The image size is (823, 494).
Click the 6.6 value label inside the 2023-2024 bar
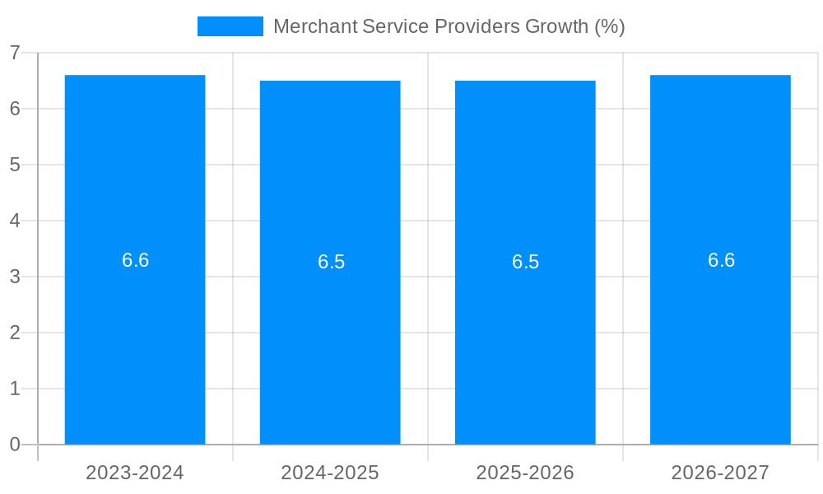click(x=135, y=260)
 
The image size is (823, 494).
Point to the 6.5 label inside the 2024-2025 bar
click(x=331, y=262)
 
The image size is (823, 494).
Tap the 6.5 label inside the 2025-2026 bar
click(x=525, y=262)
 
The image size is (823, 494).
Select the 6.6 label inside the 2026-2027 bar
click(x=721, y=260)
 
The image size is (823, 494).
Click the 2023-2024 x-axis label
click(x=135, y=473)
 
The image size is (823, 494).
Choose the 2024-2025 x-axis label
click(x=330, y=473)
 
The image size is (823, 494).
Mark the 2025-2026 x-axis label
click(x=525, y=473)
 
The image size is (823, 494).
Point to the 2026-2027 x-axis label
click(x=720, y=473)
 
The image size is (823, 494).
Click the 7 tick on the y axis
click(x=15, y=53)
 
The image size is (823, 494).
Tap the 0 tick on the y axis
click(x=15, y=445)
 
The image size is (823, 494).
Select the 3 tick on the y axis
click(x=15, y=277)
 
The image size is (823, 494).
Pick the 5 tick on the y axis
click(x=15, y=165)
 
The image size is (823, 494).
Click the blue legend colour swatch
click(x=230, y=26)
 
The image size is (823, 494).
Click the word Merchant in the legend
click(x=314, y=26)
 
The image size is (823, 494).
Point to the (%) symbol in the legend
click(x=610, y=26)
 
